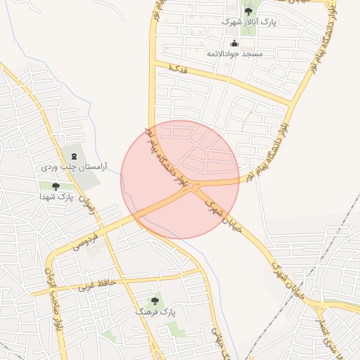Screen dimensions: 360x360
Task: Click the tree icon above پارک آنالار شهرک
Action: click(248, 11)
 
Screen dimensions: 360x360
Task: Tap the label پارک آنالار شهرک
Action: click(248, 22)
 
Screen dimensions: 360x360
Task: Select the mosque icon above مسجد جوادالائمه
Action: click(234, 43)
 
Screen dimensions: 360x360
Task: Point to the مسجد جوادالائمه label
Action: click(234, 53)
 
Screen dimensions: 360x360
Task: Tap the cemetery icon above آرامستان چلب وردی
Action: click(75, 155)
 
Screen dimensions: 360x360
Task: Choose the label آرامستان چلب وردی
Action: click(71, 167)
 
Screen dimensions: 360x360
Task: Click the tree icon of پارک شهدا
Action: click(56, 186)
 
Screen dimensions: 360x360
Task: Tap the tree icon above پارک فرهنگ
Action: click(155, 300)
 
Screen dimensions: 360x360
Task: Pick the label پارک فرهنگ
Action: click(155, 311)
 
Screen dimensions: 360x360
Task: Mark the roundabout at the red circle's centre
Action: click(191, 185)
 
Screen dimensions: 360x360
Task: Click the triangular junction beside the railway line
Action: click(321, 307)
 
